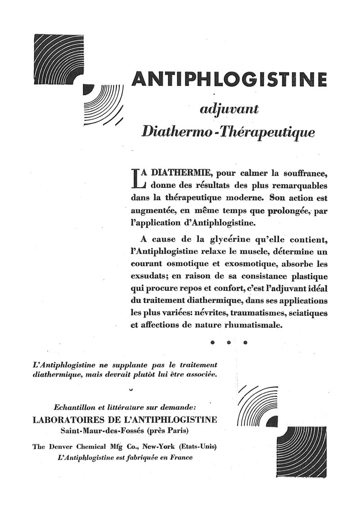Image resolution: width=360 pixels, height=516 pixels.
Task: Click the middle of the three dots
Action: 229,342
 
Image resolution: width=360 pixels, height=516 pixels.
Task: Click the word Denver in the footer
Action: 63,447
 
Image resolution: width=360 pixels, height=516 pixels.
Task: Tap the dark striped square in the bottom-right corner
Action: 301,452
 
